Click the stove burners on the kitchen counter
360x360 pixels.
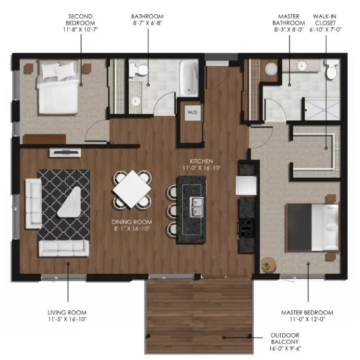click(x=247, y=227)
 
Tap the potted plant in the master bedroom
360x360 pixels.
click(x=267, y=264)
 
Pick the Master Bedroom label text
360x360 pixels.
click(x=307, y=315)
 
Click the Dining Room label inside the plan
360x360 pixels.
click(x=131, y=225)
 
